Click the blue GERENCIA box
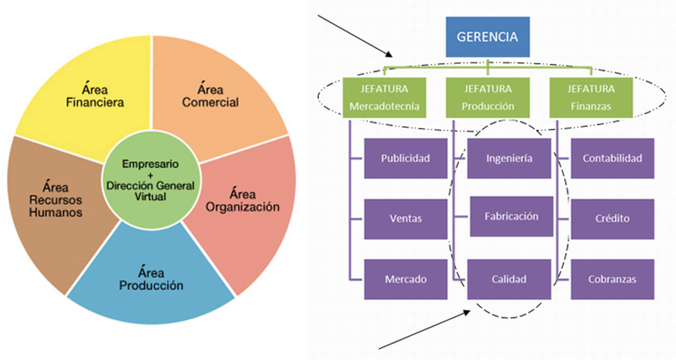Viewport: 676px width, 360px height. coord(487,37)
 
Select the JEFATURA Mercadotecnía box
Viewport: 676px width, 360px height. coord(385,98)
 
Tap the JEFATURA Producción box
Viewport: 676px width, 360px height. coord(487,98)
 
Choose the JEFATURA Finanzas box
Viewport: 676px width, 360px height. coord(591,98)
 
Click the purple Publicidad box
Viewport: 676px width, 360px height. coord(405,158)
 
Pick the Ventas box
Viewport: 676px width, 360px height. coord(405,219)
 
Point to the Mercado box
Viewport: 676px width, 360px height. coord(405,279)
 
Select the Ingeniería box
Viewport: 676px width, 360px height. coord(509,158)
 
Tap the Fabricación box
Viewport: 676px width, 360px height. coord(511,216)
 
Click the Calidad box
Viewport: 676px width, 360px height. coord(509,279)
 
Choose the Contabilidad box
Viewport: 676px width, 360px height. coord(612,158)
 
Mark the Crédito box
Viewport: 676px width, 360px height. coord(612,219)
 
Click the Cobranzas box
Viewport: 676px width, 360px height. coord(612,279)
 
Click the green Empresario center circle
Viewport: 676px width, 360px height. coord(151,180)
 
